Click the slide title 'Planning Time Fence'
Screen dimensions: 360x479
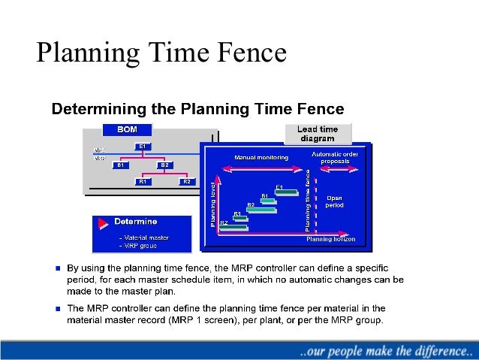point(162,53)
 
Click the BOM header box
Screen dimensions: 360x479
point(126,130)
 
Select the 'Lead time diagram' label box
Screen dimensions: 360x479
point(318,134)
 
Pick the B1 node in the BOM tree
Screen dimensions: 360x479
point(120,165)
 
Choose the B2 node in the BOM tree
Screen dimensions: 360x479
point(165,165)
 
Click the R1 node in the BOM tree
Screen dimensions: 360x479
point(143,182)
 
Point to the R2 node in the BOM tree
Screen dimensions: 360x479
point(187,182)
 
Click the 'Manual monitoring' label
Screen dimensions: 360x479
point(255,158)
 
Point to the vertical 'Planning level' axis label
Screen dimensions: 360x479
point(213,204)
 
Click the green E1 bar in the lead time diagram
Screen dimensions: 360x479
point(286,192)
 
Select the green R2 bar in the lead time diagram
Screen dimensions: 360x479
point(233,228)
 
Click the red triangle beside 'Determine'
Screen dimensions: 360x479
point(101,224)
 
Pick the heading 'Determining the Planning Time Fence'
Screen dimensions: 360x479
point(197,109)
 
